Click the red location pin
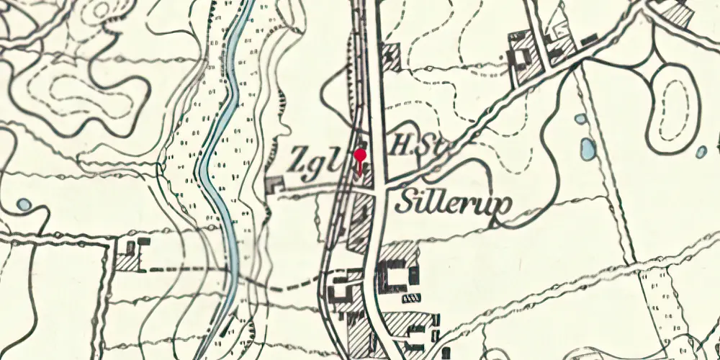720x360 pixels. [x=361, y=156]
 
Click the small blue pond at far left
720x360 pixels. [x=24, y=204]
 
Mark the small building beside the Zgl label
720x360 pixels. [x=274, y=185]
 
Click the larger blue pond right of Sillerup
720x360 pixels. [x=588, y=148]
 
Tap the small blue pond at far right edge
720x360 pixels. [x=701, y=152]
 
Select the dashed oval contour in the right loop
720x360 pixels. [x=674, y=108]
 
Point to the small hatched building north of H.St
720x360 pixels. [x=391, y=56]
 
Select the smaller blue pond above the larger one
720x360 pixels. [x=580, y=119]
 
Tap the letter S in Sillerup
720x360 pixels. [x=405, y=203]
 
